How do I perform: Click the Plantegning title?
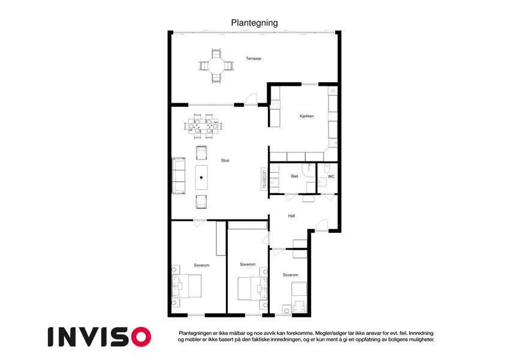(254, 23)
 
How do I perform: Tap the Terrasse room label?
(253, 58)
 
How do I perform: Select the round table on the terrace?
(216, 66)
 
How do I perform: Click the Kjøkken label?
(306, 116)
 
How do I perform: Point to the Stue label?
(225, 161)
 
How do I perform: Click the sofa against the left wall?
(178, 175)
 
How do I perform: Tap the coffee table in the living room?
(201, 178)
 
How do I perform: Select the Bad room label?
(294, 176)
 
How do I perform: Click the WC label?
(331, 177)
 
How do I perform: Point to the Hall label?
(291, 216)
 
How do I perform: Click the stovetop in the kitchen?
(275, 104)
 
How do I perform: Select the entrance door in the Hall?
(322, 225)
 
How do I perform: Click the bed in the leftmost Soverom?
(186, 286)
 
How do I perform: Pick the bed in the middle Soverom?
(252, 288)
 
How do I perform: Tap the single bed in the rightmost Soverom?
(299, 298)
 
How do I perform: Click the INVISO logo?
(100, 337)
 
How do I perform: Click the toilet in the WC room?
(327, 168)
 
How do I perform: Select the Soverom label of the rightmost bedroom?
(290, 275)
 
